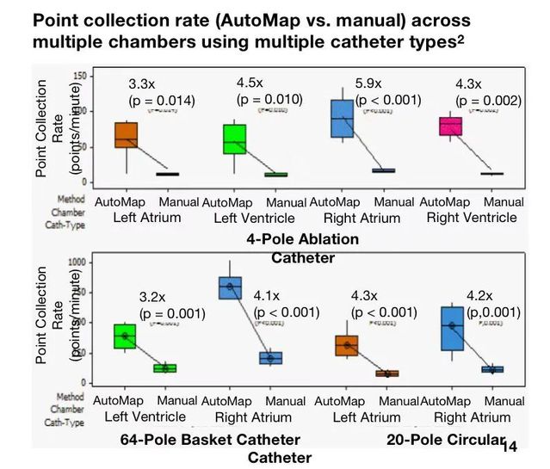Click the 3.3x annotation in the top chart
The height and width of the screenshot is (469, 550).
click(x=142, y=84)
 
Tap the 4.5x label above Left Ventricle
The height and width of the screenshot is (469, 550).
click(x=250, y=83)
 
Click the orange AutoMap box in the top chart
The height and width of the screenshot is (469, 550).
click(x=127, y=135)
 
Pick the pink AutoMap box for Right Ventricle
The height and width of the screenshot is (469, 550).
click(x=451, y=127)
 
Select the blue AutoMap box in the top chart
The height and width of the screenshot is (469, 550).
click(x=341, y=118)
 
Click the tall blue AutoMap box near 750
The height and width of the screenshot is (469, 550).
click(x=230, y=287)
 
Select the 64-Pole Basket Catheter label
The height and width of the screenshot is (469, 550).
click(x=210, y=441)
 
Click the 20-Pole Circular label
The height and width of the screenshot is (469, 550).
click(x=444, y=441)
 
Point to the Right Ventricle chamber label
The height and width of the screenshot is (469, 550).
click(x=472, y=217)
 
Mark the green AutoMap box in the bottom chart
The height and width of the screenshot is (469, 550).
click(x=126, y=336)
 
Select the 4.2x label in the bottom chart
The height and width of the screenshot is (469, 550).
click(x=479, y=296)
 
